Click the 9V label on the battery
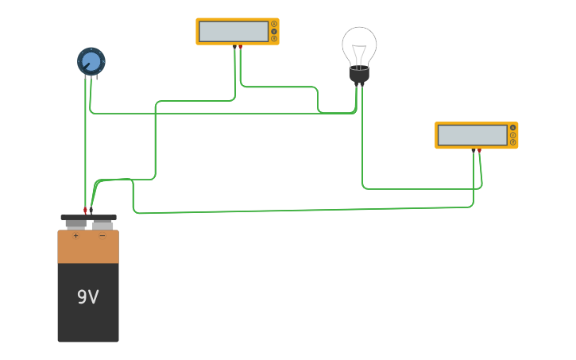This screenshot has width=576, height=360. point(87,297)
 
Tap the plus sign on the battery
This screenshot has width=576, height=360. point(75,235)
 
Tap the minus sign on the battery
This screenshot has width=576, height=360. point(102,235)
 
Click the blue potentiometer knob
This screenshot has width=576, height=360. point(91,60)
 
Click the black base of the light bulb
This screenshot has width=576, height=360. point(359,75)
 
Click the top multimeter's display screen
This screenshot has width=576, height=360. point(234,32)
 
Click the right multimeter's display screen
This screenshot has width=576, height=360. point(473,135)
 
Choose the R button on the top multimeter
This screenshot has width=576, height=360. point(274,38)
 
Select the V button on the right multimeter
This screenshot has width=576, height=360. point(512,135)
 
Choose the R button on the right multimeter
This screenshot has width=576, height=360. point(512,142)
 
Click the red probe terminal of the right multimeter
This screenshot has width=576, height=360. point(479,150)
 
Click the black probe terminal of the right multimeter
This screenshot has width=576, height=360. point(474,150)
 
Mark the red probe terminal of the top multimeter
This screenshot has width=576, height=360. point(240,47)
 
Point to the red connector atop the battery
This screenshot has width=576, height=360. point(85,211)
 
